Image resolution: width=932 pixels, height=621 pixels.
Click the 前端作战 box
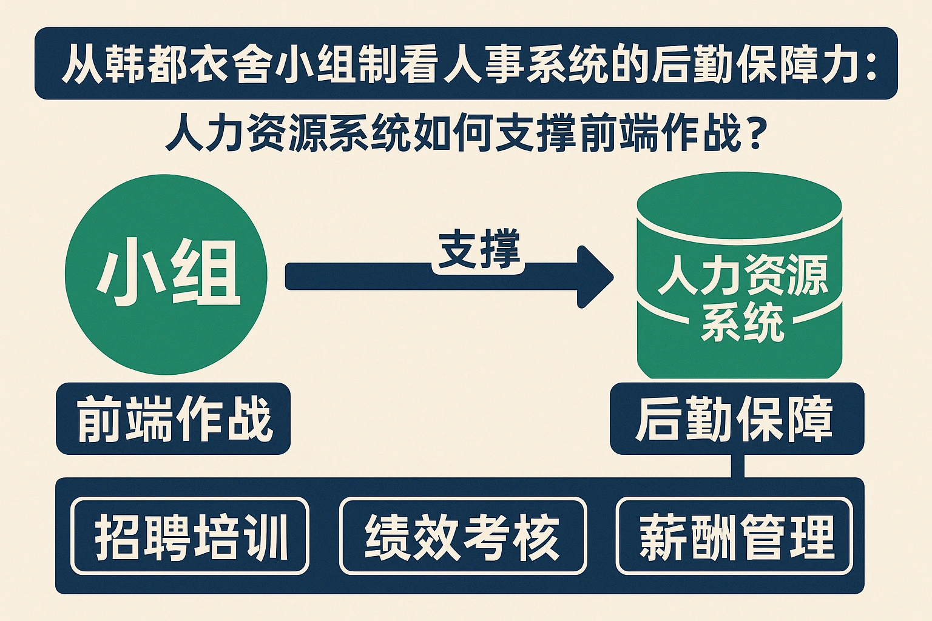[x=174, y=419]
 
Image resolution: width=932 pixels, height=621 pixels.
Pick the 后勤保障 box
[x=736, y=419]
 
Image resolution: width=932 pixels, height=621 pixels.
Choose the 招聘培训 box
[x=191, y=536]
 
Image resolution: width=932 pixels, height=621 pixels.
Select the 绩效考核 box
[x=463, y=536]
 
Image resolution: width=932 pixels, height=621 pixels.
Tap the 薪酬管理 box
[x=735, y=536]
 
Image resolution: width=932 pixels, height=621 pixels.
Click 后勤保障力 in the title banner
[x=755, y=64]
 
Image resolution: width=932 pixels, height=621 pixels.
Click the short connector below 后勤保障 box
[x=737, y=466]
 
